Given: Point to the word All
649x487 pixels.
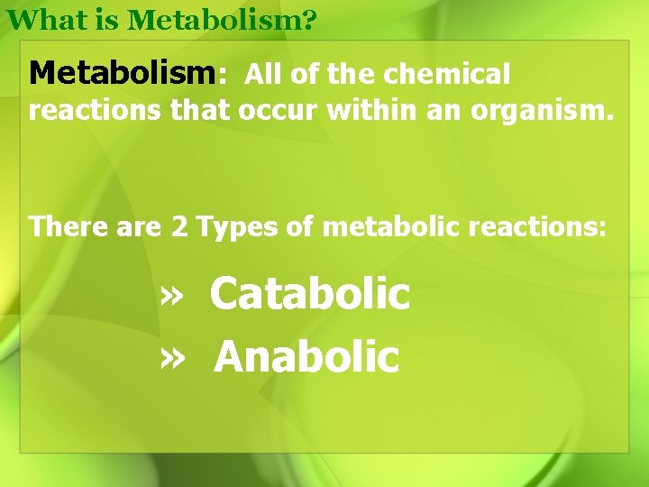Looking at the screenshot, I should pyautogui.click(x=263, y=74).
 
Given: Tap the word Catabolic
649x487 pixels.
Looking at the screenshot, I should pyautogui.click(x=310, y=293).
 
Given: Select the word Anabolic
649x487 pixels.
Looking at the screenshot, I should pyautogui.click(x=306, y=356).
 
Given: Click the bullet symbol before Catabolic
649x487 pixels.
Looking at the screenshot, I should pyautogui.click(x=171, y=295).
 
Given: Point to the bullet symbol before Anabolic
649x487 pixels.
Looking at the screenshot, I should pyautogui.click(x=171, y=358).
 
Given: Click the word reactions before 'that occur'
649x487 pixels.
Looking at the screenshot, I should pyautogui.click(x=96, y=113).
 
